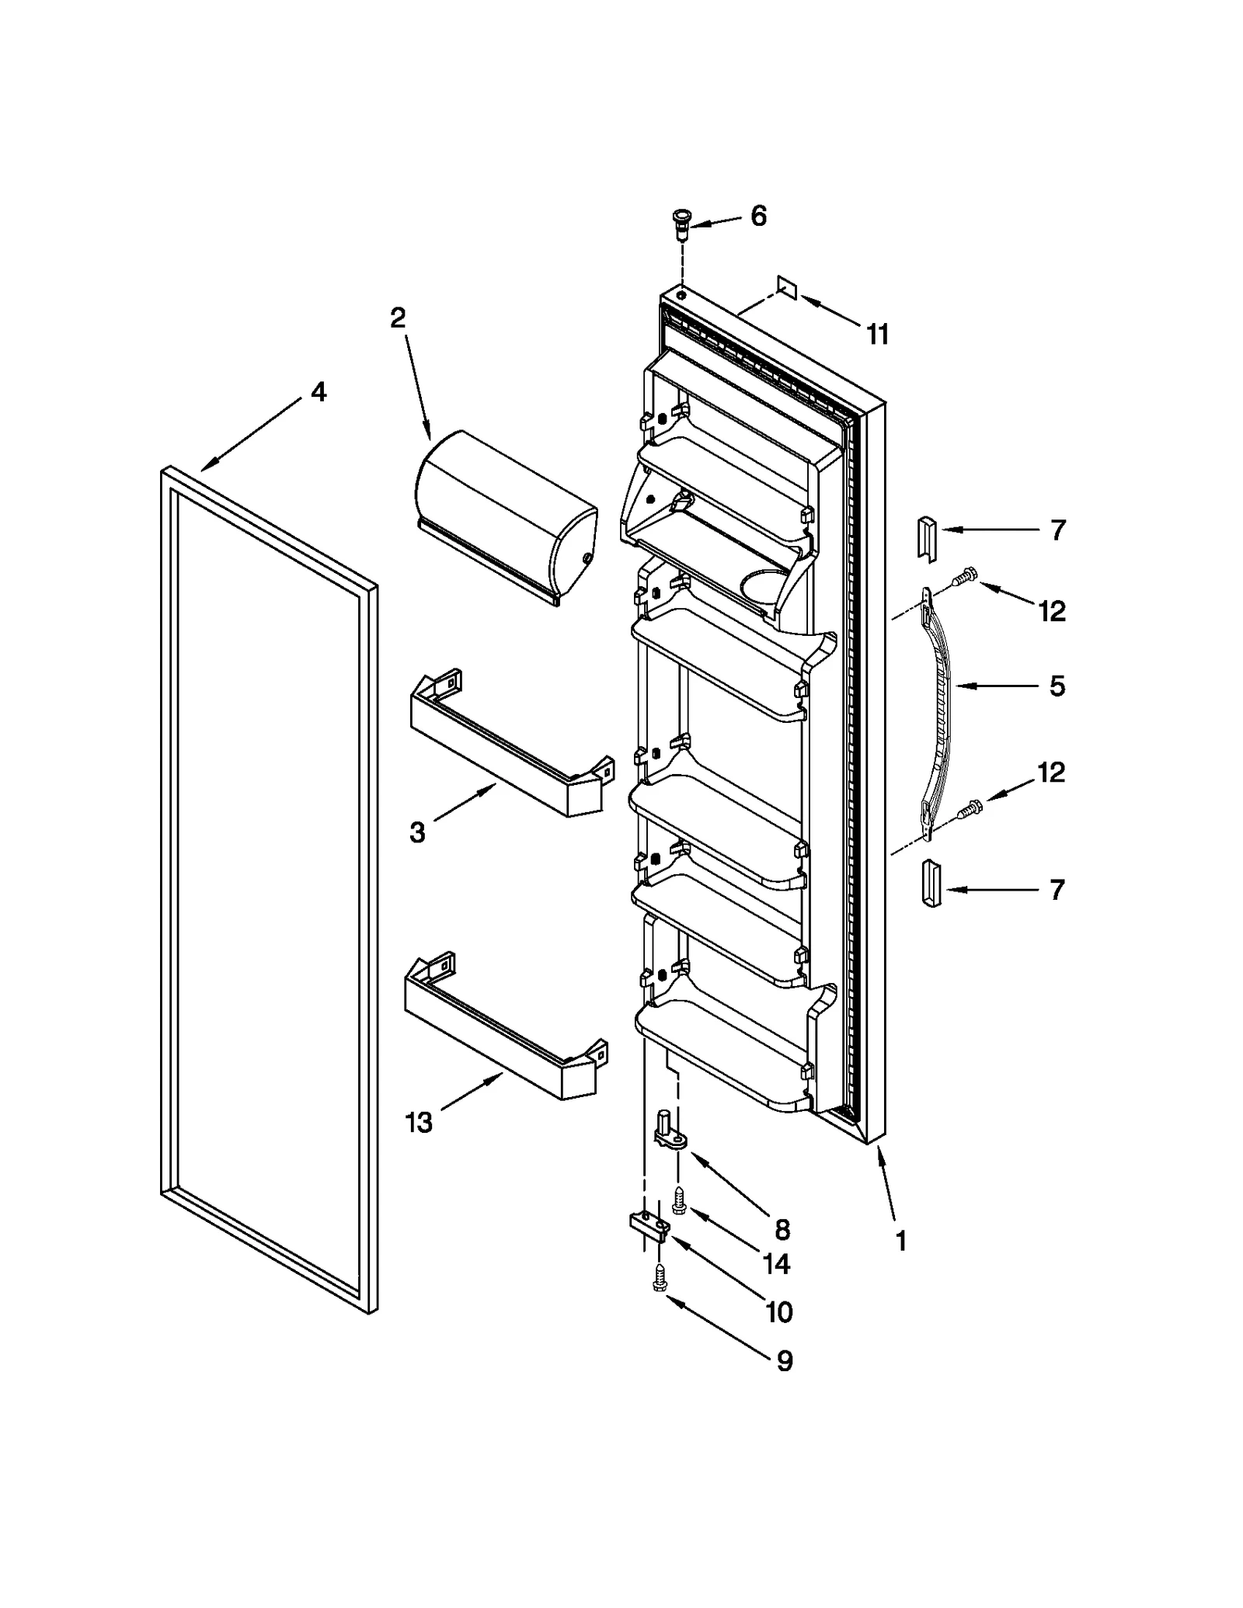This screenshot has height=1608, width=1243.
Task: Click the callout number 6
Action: click(x=758, y=216)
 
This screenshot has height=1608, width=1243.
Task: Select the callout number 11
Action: click(x=877, y=335)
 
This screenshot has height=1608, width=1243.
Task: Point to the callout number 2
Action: click(x=398, y=318)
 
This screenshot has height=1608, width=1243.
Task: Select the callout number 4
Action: click(x=319, y=392)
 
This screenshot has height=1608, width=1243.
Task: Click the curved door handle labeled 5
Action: click(x=941, y=714)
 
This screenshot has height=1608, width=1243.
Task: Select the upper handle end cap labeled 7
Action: click(x=929, y=537)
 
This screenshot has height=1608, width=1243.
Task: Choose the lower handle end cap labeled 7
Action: click(x=931, y=884)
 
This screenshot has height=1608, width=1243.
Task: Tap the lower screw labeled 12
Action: click(x=968, y=809)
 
